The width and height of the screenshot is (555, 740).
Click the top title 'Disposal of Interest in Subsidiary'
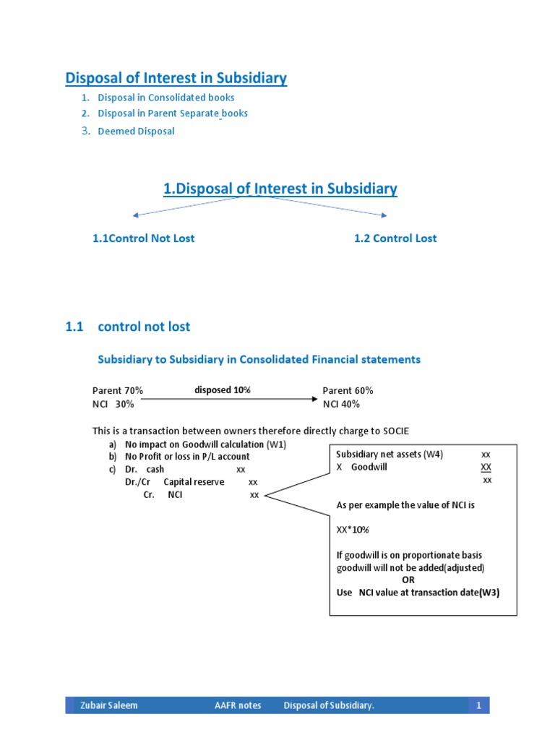point(176,78)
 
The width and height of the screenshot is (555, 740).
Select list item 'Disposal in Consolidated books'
point(166,98)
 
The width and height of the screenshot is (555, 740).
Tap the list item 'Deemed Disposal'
point(136,131)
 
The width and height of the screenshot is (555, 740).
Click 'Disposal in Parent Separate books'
point(173,113)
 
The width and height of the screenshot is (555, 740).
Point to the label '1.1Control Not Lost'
point(143,238)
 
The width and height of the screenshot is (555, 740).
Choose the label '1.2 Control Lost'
point(395,238)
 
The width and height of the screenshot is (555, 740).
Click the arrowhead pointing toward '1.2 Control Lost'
point(384,215)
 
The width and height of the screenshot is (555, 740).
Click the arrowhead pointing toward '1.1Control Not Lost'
point(134,215)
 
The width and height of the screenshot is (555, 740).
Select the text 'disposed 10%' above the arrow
point(223,390)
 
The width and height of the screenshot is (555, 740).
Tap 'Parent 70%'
point(117,390)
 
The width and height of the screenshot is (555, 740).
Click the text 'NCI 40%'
point(341,404)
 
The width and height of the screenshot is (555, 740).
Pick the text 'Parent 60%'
point(348,390)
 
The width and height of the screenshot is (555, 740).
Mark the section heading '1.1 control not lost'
point(128,327)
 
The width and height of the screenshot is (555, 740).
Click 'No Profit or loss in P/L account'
point(187,457)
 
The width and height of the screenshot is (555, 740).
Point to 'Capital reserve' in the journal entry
point(194,482)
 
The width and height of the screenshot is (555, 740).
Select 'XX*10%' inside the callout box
point(353,530)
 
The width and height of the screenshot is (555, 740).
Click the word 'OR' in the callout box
point(408,580)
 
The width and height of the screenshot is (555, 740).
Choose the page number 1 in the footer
point(478,705)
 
